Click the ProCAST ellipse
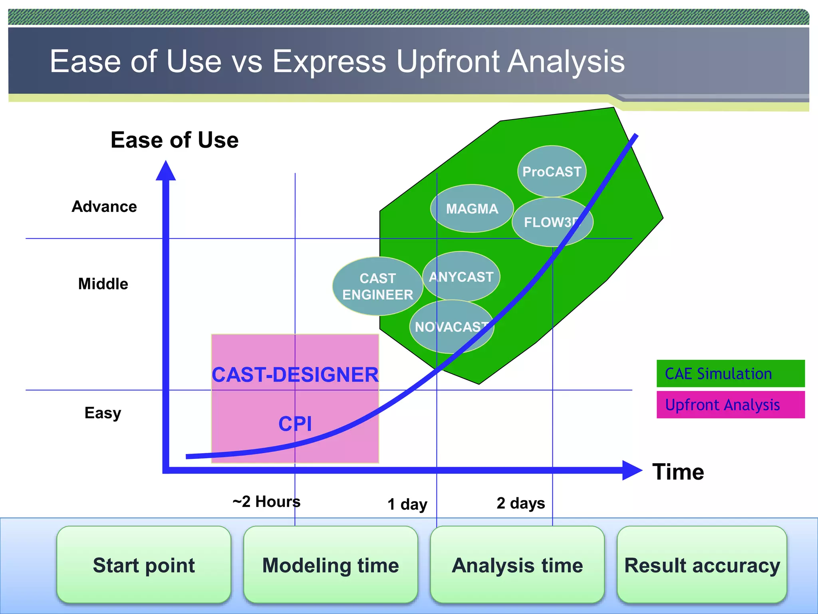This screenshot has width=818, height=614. click(x=552, y=171)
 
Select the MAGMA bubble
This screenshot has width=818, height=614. click(x=472, y=209)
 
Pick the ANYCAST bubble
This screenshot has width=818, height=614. click(x=461, y=277)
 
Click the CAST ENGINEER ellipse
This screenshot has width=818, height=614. click(x=377, y=286)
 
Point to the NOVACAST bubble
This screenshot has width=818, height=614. click(x=451, y=327)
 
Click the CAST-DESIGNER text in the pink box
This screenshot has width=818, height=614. click(x=295, y=375)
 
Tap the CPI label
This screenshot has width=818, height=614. click(x=295, y=424)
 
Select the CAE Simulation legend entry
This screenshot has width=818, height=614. click(x=730, y=374)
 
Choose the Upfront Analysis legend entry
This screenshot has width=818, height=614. click(x=730, y=405)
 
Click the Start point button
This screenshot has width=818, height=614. click(x=144, y=565)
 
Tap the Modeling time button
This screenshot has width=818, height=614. click(x=330, y=565)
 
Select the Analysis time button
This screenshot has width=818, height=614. click(x=517, y=565)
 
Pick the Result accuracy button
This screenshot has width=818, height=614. click(x=702, y=565)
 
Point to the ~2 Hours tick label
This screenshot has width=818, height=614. click(x=266, y=501)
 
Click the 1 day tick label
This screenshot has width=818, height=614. click(x=407, y=504)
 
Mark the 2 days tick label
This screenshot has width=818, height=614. click(x=520, y=503)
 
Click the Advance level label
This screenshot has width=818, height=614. click(x=104, y=207)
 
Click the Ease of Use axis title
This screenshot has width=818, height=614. click(x=175, y=140)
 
